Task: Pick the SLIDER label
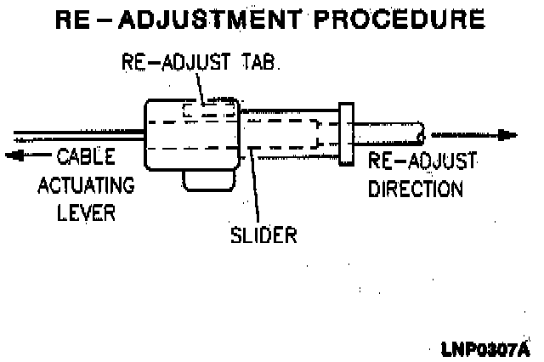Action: (x=263, y=234)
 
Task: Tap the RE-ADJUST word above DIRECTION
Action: (x=422, y=162)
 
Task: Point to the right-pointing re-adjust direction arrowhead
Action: (x=507, y=134)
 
